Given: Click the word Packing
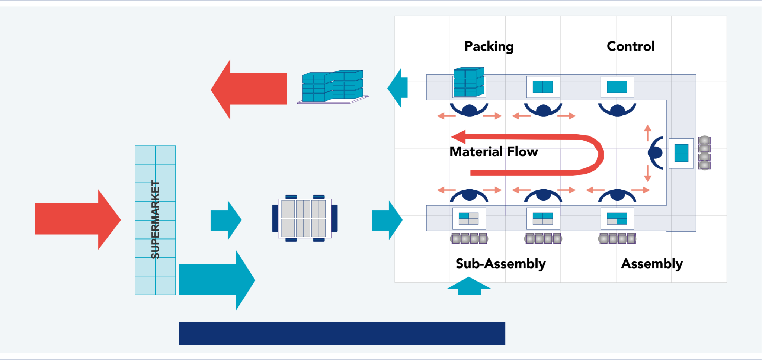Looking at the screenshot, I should (x=489, y=46).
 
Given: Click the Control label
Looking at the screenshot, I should (x=630, y=46).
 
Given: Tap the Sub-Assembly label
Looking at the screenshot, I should (x=500, y=264).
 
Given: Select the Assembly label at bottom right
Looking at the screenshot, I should (x=652, y=264).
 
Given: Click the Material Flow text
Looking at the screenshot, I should (x=493, y=152).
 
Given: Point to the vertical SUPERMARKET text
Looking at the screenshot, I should (x=155, y=220).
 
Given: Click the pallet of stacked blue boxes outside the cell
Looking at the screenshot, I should (x=332, y=87).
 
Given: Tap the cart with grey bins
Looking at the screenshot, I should (x=304, y=218).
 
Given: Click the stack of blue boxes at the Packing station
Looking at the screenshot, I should (x=469, y=83).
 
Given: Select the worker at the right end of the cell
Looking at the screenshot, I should (x=656, y=152).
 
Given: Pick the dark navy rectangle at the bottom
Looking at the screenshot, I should (x=342, y=334).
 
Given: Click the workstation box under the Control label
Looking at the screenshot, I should (x=617, y=87).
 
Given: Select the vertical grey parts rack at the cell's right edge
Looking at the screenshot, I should (x=704, y=153).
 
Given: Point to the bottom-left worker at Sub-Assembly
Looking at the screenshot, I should (x=469, y=195).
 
